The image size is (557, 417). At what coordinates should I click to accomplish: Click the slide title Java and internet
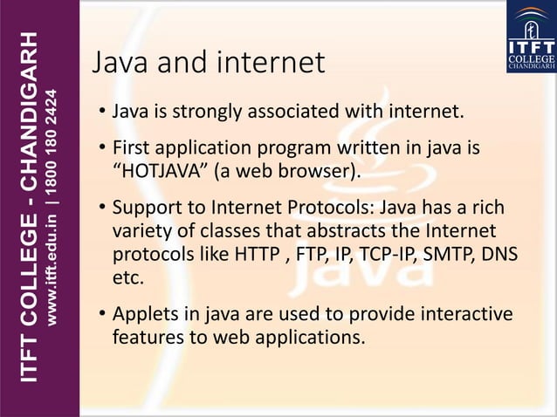click(x=209, y=63)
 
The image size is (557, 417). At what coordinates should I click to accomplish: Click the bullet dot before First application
click(x=102, y=148)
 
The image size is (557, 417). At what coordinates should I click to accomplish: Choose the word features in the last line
click(x=146, y=335)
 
